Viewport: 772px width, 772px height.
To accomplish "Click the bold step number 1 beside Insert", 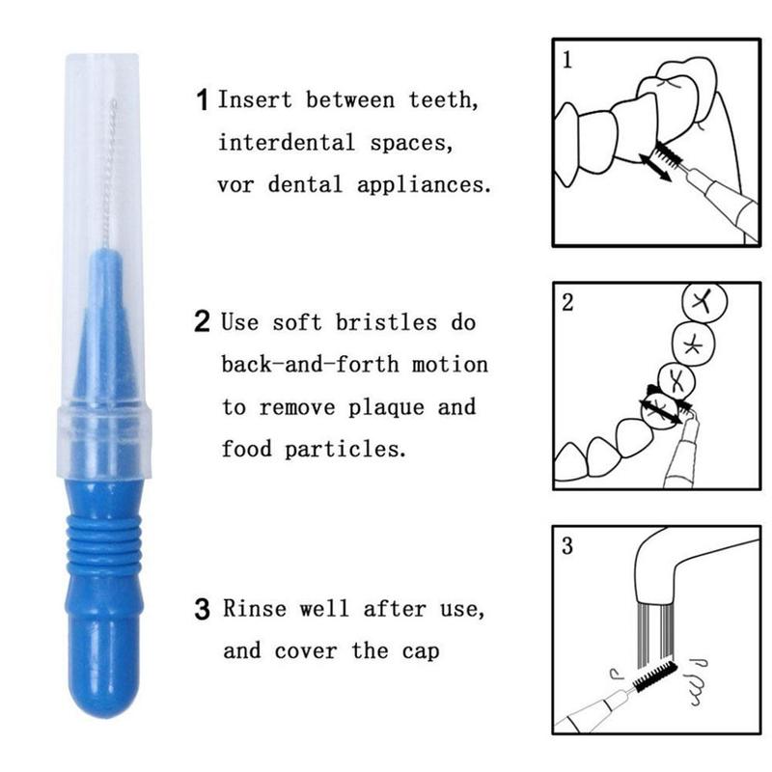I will pyautogui.click(x=203, y=99).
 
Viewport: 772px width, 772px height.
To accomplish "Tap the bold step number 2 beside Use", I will pyautogui.click(x=203, y=321).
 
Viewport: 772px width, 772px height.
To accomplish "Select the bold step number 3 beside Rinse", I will pyautogui.click(x=203, y=610).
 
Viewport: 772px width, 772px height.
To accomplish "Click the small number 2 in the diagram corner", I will pyautogui.click(x=567, y=302).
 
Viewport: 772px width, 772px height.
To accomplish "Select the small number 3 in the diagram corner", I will pyautogui.click(x=567, y=546).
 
